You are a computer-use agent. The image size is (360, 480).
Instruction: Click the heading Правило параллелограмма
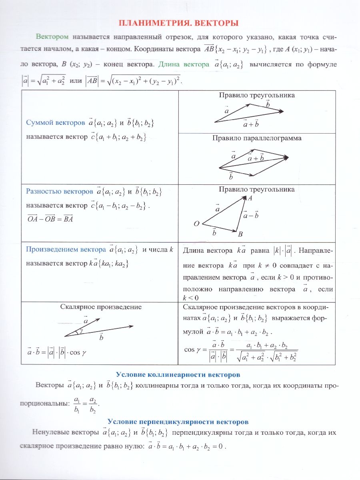click(x=257, y=138)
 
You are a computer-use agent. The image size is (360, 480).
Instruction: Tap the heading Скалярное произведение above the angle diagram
click(x=101, y=307)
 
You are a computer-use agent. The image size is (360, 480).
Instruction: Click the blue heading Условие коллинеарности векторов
click(x=178, y=375)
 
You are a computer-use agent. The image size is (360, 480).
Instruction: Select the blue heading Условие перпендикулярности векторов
click(x=178, y=422)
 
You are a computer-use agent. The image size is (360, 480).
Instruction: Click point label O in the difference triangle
click(x=196, y=224)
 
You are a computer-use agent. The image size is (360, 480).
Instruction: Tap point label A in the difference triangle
click(x=250, y=198)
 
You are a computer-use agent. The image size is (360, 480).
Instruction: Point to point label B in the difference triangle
click(x=240, y=234)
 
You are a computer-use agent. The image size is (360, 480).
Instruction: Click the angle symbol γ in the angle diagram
click(x=81, y=331)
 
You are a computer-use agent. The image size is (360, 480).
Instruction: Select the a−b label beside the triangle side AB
click(x=251, y=215)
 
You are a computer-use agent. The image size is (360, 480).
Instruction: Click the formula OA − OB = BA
click(x=50, y=219)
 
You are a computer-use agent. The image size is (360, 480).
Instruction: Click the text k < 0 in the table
click(x=191, y=298)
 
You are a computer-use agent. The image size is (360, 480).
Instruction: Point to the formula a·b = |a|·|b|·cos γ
click(x=57, y=353)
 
